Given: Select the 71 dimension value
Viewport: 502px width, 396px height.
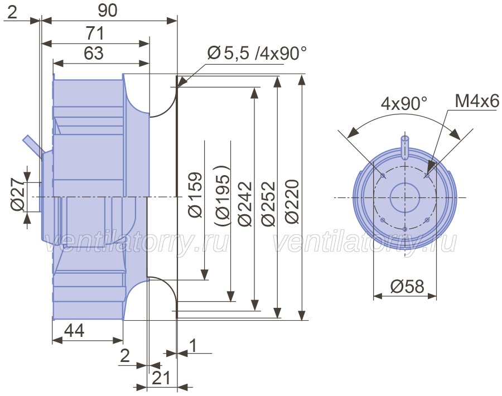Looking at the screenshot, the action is pos(95,33).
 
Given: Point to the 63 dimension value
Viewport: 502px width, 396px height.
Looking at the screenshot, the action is pos(94,53).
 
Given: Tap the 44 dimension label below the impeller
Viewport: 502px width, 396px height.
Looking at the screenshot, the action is pos(74,330).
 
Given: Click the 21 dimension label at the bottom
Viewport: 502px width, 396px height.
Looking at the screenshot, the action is pos(161,378).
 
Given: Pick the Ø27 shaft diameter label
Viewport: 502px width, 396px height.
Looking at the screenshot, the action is pos(17,194).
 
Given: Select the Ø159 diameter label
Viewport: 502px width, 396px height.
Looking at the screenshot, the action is pos(195,195).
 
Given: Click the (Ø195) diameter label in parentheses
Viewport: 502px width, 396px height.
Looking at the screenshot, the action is pos(222,196).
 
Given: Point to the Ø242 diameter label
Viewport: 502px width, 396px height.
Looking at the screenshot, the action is pos(245,204).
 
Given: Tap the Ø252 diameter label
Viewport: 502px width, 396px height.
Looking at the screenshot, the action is pos(268,204).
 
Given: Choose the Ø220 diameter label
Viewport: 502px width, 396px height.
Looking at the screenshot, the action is pos(292,201).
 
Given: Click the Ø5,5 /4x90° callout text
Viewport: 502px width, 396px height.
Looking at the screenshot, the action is pos(257,53).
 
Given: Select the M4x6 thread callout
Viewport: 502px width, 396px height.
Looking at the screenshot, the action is pos(477,101).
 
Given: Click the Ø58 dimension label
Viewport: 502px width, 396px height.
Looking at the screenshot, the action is pos(407,286).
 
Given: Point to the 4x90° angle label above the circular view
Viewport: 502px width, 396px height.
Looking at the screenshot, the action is pos(404,103).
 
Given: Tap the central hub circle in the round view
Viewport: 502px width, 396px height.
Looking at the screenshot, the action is pos(405,197).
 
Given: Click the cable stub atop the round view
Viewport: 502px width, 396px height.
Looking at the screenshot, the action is pos(405,147).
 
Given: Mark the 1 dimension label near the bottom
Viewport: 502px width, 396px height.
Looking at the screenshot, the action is pos(193,345).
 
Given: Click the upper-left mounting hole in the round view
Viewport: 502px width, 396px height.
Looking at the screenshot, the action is pos(383,175).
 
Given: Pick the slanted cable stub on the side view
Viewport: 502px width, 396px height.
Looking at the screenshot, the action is pos(33,146).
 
